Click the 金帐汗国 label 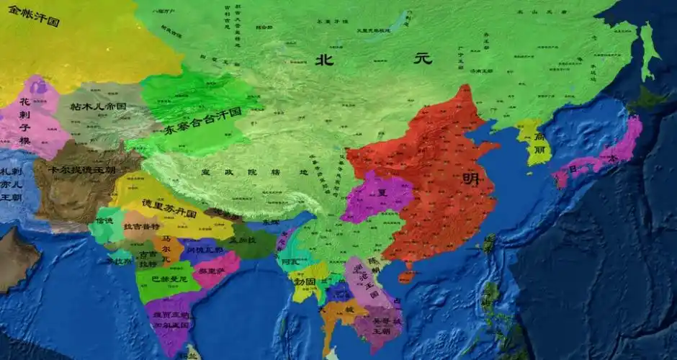(34, 15)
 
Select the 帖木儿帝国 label (99, 107)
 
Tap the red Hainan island (407, 276)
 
